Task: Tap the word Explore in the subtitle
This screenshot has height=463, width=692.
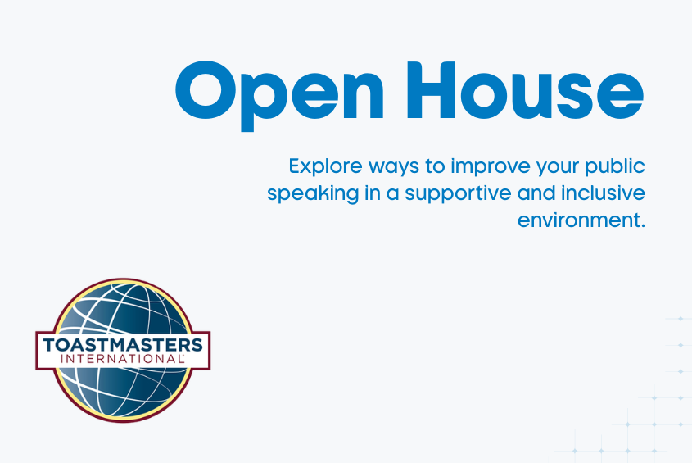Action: pyautogui.click(x=320, y=166)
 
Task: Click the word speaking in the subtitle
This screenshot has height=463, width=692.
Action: pyautogui.click(x=303, y=195)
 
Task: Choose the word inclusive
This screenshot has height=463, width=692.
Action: pyautogui.click(x=604, y=194)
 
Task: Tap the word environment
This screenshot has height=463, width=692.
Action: pyautogui.click(x=575, y=221)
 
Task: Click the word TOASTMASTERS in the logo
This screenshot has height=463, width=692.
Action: pyautogui.click(x=123, y=343)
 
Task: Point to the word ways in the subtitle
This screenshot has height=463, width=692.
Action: pyautogui.click(x=387, y=167)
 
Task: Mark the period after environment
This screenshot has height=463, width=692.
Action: pyautogui.click(x=644, y=227)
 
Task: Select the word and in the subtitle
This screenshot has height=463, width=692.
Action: pyautogui.click(x=519, y=194)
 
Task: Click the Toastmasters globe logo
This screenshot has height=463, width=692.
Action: pyautogui.click(x=123, y=350)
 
